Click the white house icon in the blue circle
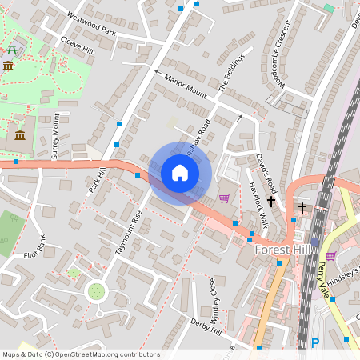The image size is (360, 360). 180,173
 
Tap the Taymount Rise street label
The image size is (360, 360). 128,233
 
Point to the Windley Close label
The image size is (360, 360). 214,295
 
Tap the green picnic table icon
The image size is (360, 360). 11,50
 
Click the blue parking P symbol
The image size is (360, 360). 314,344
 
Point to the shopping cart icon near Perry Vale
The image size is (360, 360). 330,256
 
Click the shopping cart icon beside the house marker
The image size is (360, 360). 225,198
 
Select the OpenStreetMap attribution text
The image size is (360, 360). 80,354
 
